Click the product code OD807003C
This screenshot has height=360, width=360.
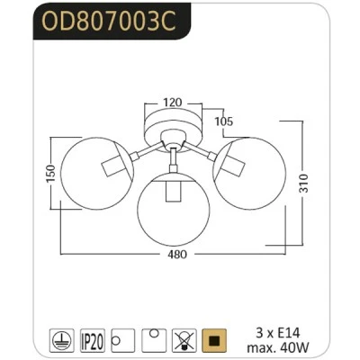click(x=108, y=22)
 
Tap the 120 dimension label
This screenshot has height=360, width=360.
click(x=173, y=103)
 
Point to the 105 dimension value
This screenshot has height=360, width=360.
click(x=224, y=121)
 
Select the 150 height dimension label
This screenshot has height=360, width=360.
click(x=51, y=174)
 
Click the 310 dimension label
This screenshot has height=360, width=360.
click(x=303, y=184)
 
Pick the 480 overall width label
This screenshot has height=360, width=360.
click(x=177, y=255)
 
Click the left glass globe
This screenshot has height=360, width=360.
click(x=96, y=174)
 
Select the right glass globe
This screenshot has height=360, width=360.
click(x=249, y=174)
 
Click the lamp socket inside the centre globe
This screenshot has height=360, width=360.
click(x=173, y=191)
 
